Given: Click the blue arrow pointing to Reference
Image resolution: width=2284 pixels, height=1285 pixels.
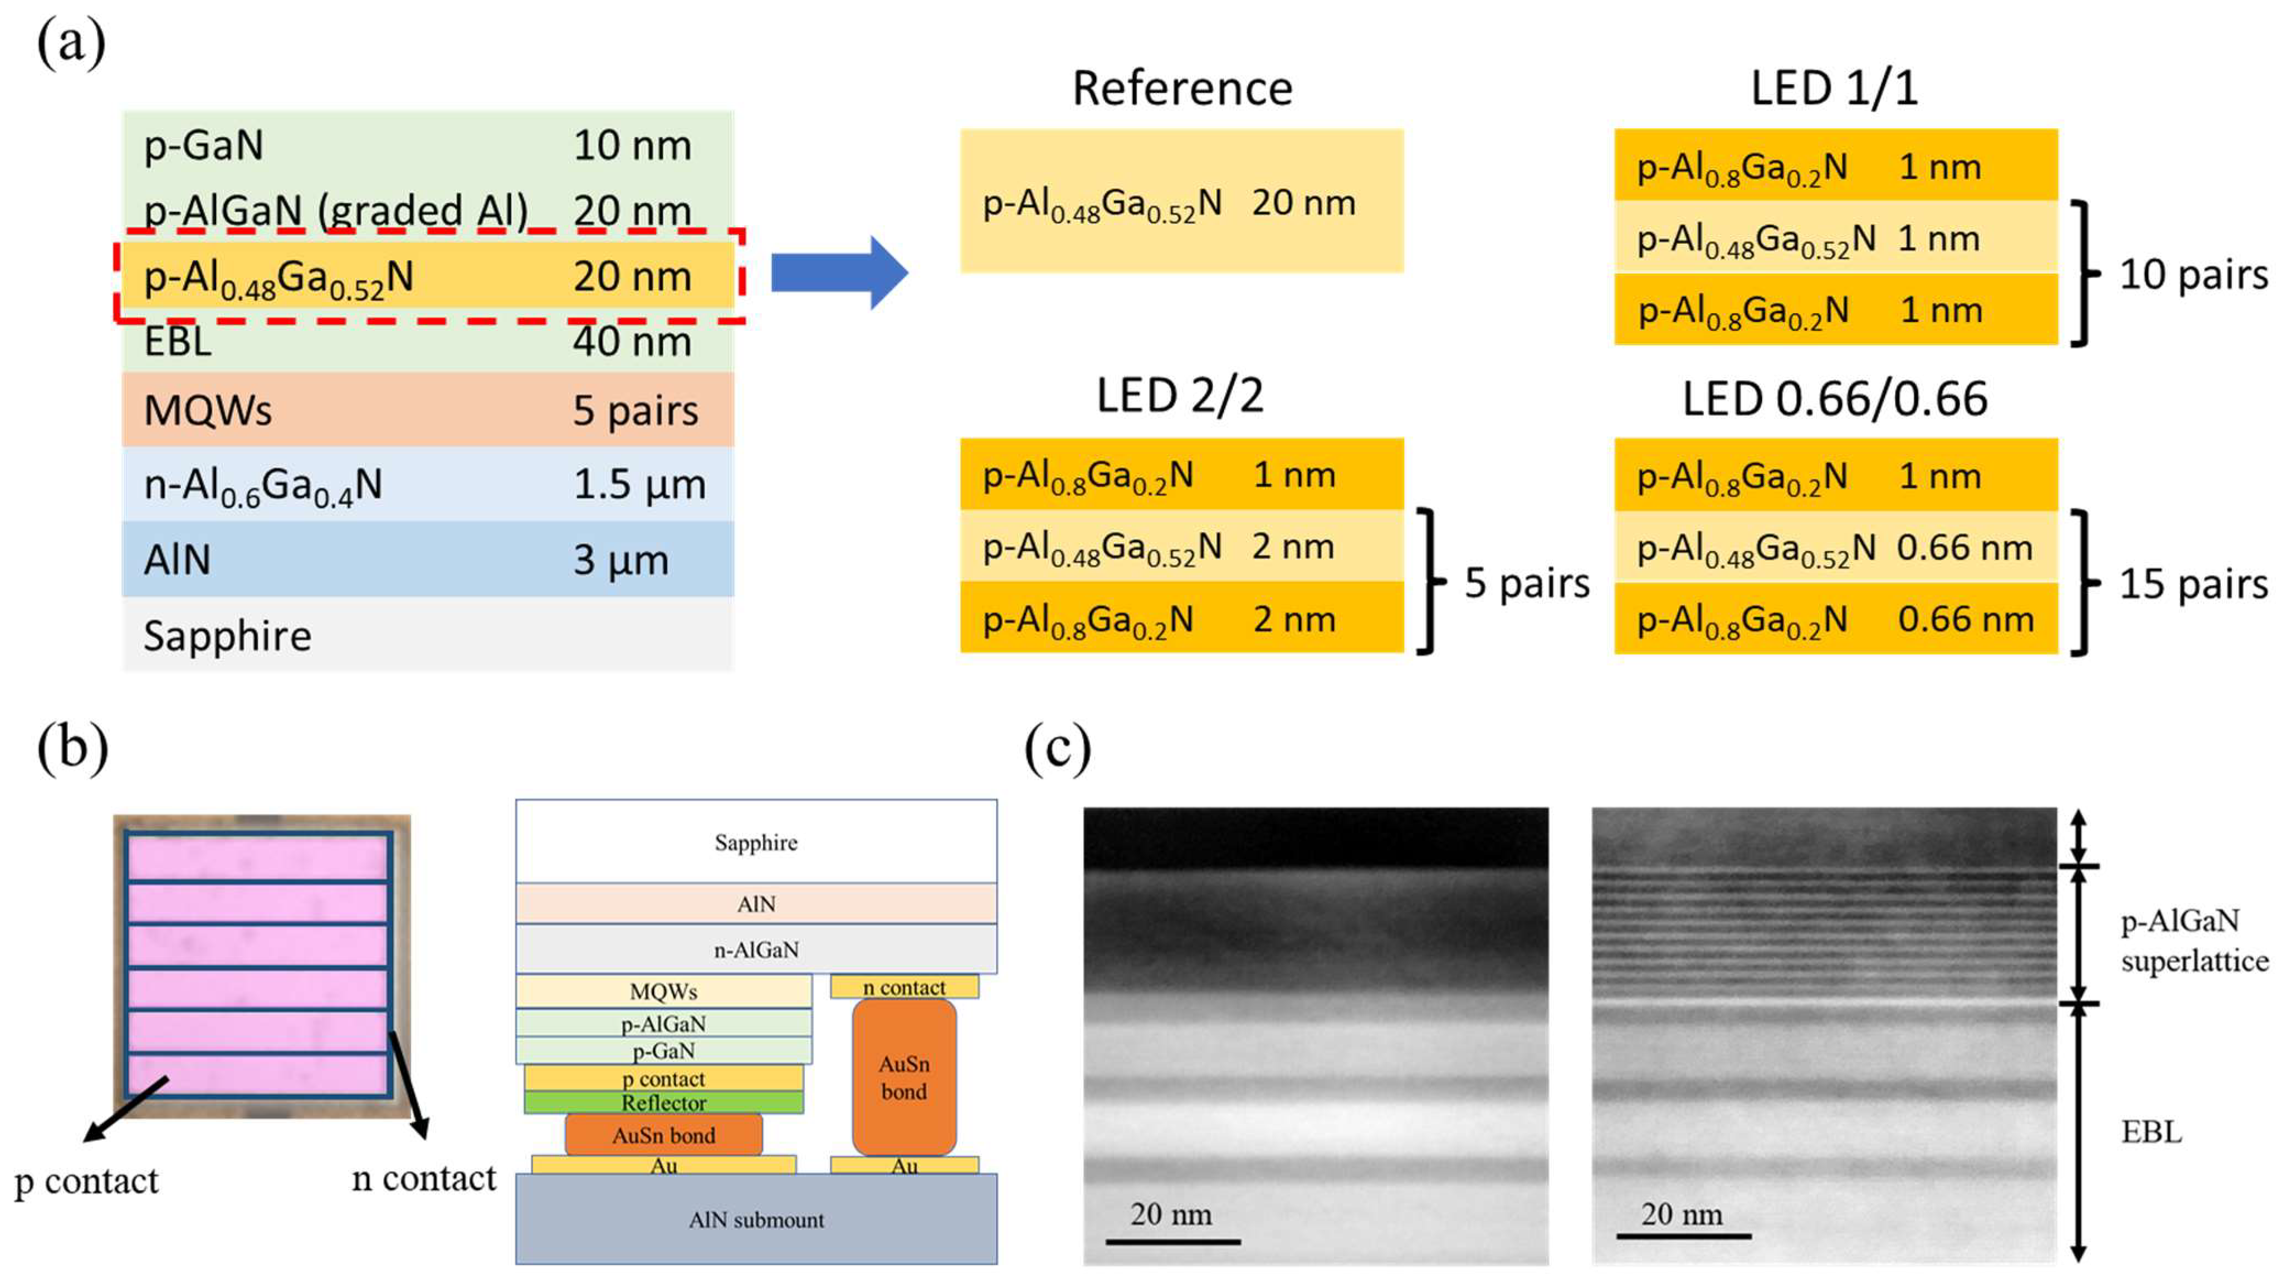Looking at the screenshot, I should point(838,272).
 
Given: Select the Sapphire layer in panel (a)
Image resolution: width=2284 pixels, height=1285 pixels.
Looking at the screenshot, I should point(427,635).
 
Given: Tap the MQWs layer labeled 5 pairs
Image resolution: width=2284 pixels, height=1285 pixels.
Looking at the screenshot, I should point(427,409).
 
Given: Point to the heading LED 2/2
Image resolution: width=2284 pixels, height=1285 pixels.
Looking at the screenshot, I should point(1179,396).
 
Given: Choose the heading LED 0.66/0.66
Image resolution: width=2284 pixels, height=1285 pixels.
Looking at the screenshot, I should point(1835,399).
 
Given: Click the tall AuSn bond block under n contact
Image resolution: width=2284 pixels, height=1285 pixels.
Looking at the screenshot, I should point(903,1078).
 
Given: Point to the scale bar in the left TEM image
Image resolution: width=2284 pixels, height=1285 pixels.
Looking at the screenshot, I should point(1172,1240).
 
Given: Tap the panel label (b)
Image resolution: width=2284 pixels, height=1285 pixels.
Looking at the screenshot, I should point(73,747).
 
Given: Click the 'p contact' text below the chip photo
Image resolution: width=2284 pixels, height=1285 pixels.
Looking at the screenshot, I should point(87,1181).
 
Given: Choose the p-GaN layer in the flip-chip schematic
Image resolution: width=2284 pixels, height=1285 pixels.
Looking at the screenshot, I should point(663,1051).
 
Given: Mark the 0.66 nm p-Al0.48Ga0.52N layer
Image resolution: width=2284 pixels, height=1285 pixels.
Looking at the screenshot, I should point(1835,547).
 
